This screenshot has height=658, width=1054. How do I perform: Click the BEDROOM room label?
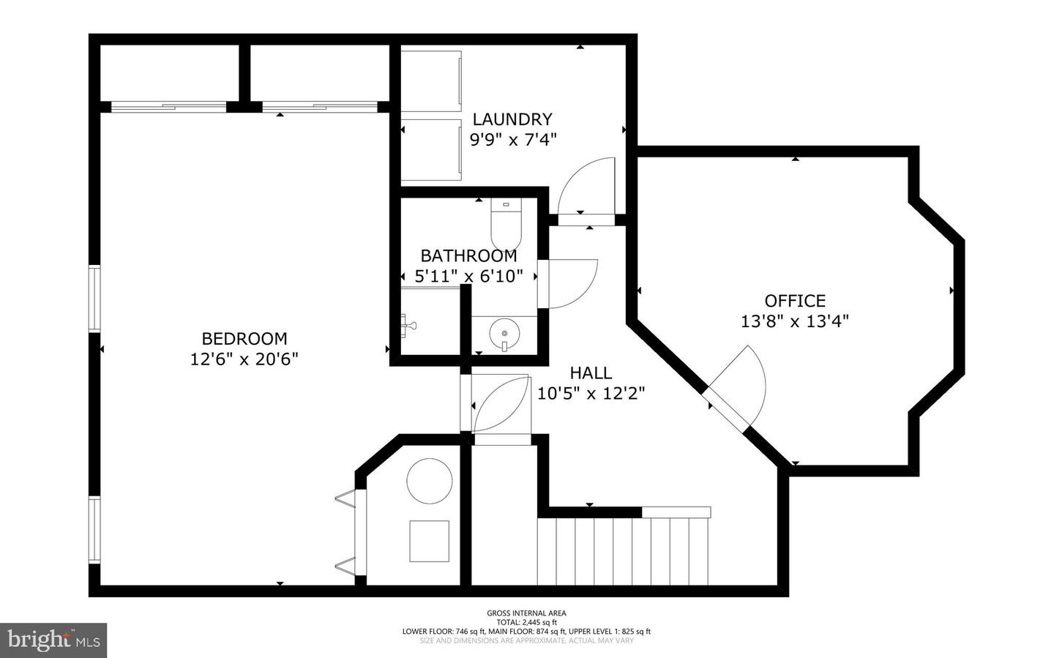click(x=244, y=338)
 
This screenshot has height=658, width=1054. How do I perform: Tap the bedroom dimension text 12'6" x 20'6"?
click(x=244, y=359)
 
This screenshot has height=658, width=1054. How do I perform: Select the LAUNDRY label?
click(x=512, y=119)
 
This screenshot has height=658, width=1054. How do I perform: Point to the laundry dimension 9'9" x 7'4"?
click(x=512, y=139)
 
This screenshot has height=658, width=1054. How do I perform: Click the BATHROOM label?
click(x=468, y=255)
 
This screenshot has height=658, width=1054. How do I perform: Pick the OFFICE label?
click(x=795, y=300)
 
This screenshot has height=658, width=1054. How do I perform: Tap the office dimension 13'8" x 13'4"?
click(x=795, y=321)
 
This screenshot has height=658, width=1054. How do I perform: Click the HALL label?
click(x=591, y=373)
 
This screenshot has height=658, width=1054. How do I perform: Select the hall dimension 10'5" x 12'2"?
click(x=591, y=394)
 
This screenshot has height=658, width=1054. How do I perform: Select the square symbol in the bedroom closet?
click(x=429, y=541)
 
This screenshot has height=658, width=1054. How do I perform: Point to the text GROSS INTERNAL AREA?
click(x=526, y=613)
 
